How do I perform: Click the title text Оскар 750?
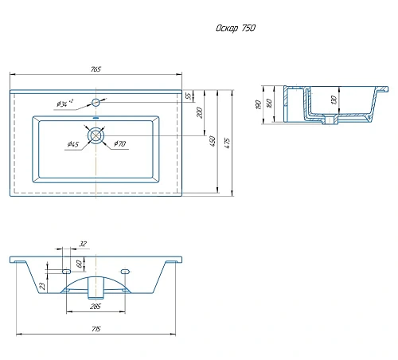[x=236, y=28]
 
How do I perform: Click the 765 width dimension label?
[x=96, y=69]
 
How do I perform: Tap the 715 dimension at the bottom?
[x=96, y=329]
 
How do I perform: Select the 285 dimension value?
[x=96, y=307]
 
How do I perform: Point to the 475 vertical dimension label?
[x=228, y=143]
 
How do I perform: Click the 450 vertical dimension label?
[x=213, y=141]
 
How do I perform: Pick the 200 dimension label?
[x=200, y=112]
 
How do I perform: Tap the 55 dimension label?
[x=189, y=96]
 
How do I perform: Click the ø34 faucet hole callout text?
[x=65, y=103]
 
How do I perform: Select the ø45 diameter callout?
[x=73, y=144]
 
